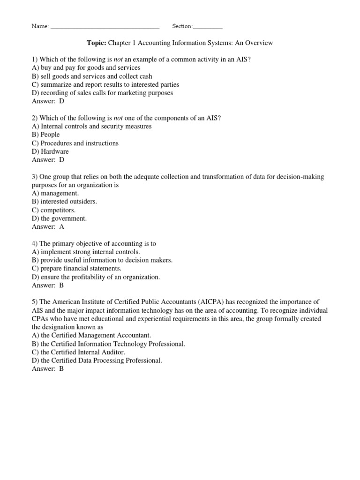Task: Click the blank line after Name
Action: click(x=105, y=27)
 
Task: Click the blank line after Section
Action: click(x=208, y=27)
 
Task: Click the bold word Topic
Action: click(x=97, y=43)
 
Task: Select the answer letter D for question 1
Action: click(x=61, y=101)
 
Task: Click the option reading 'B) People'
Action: click(x=45, y=135)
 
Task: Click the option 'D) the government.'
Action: click(x=59, y=218)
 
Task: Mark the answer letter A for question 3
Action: click(x=61, y=227)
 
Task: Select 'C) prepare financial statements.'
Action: click(x=76, y=269)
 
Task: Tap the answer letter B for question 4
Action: click(x=61, y=285)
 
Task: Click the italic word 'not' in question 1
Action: click(x=118, y=60)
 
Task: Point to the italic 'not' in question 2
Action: click(x=118, y=118)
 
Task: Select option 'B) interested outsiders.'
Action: click(x=64, y=202)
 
